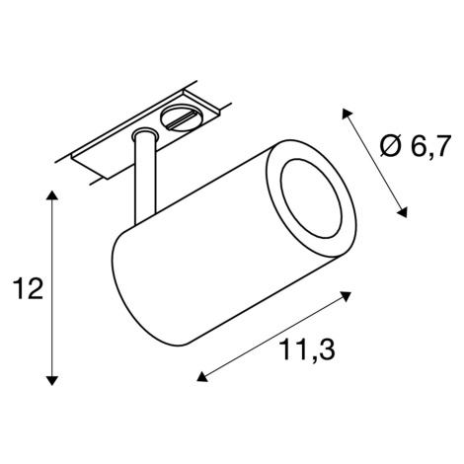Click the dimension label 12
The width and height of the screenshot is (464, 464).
click(x=28, y=289)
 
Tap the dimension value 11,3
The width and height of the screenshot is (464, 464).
click(x=307, y=349)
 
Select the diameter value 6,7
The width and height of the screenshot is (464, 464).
click(x=429, y=146)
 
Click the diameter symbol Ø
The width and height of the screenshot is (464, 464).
click(x=391, y=146)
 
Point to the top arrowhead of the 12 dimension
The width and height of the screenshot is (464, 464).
click(x=51, y=195)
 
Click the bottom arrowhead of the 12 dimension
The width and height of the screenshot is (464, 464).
click(x=51, y=380)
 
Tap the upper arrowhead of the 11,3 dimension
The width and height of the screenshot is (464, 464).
click(x=345, y=296)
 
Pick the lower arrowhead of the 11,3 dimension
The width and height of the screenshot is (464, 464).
click(x=202, y=376)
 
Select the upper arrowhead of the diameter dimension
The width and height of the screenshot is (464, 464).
click(x=347, y=114)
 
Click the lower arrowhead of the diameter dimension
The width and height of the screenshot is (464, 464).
click(x=403, y=212)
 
